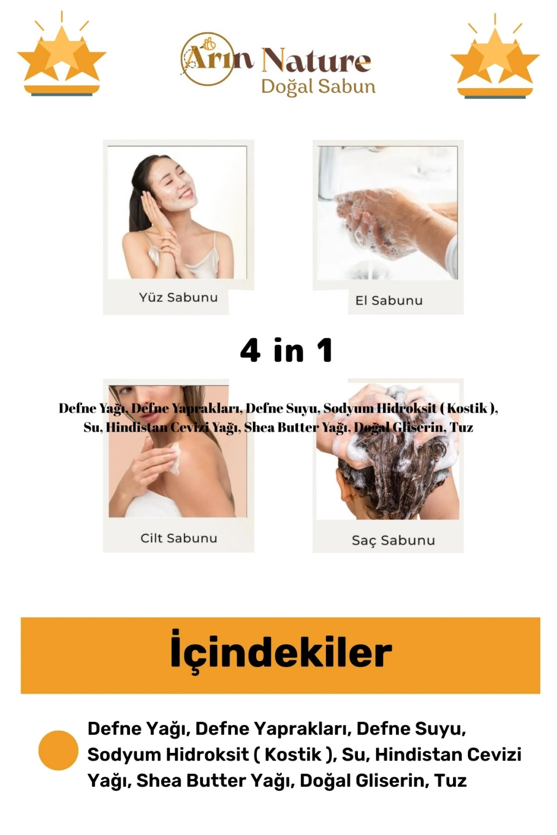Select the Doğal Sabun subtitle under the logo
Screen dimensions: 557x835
click(318, 87)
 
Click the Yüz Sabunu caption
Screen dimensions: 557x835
click(178, 297)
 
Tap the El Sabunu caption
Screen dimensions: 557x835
click(389, 301)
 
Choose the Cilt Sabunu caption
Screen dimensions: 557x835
click(179, 538)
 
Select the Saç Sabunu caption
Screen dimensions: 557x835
click(393, 540)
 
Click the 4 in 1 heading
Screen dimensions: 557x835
click(286, 351)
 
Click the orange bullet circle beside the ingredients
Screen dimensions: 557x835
click(58, 750)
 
